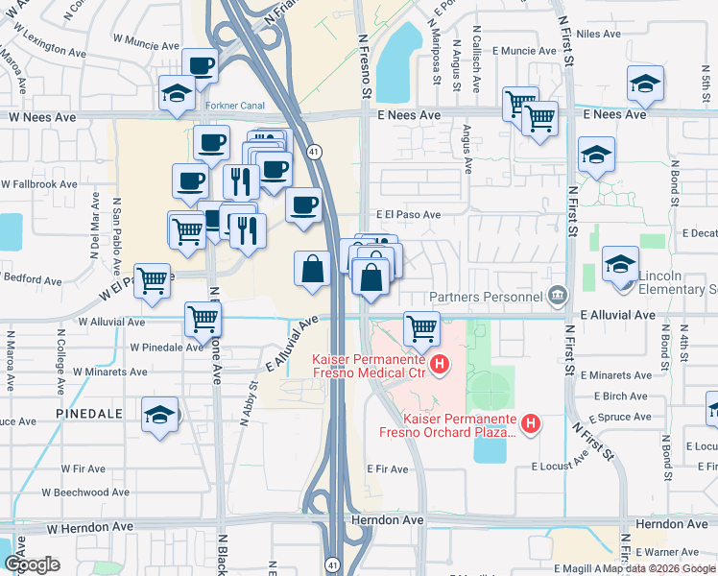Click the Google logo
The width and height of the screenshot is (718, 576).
pyautogui.click(x=32, y=564)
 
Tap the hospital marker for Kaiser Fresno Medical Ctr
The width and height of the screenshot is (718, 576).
pyautogui.click(x=440, y=364)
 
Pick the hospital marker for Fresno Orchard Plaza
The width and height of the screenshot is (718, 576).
pyautogui.click(x=530, y=421)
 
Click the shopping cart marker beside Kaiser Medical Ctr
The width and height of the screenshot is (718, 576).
pyautogui.click(x=421, y=328)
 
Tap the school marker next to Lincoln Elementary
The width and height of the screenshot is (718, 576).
pyautogui.click(x=620, y=263)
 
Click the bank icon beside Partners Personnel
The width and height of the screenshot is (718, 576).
pyautogui.click(x=557, y=294)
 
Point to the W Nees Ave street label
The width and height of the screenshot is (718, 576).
pyautogui.click(x=42, y=116)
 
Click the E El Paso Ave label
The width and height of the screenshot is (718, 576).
pyautogui.click(x=409, y=215)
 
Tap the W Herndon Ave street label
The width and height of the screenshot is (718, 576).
pyautogui.click(x=89, y=527)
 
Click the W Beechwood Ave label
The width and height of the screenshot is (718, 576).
pyautogui.click(x=86, y=492)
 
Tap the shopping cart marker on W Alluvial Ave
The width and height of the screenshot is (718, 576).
pyautogui.click(x=203, y=319)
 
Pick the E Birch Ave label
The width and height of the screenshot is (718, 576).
pyautogui.click(x=620, y=396)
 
